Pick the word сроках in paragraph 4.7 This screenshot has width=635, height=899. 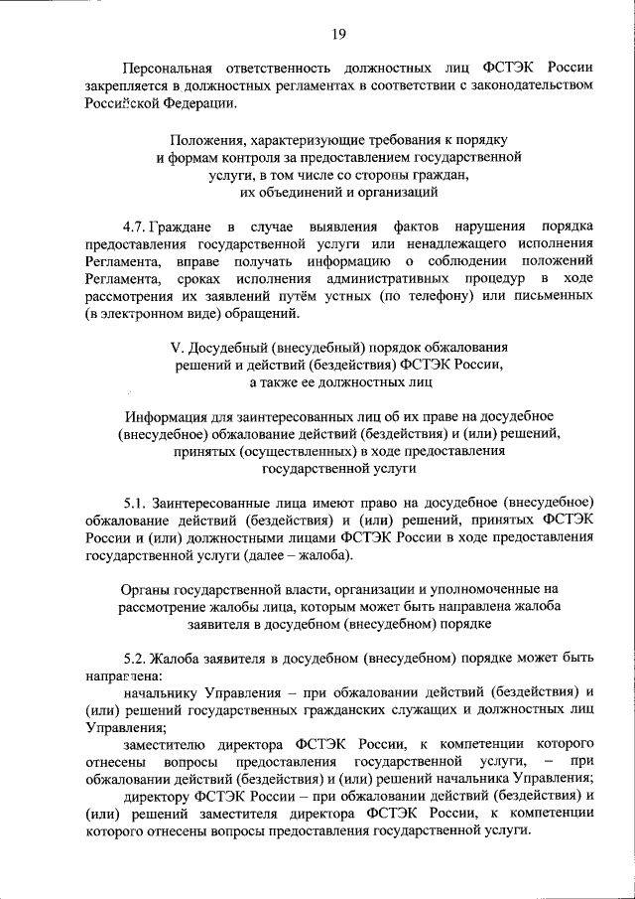pyautogui.click(x=205, y=280)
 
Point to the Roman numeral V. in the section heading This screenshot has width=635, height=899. pyautogui.click(x=175, y=350)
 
